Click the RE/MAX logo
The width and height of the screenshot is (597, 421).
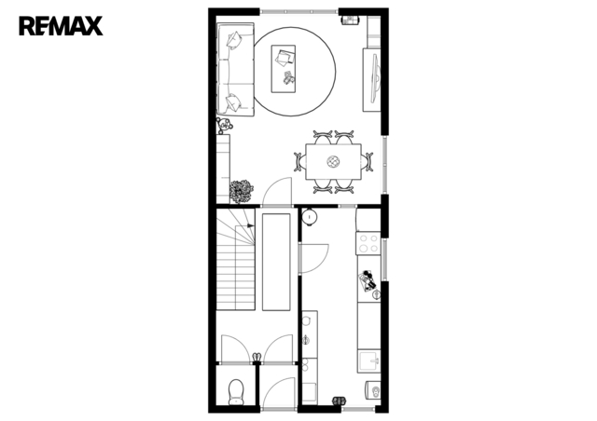coord(61,26)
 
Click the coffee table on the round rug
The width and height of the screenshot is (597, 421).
coord(283,69)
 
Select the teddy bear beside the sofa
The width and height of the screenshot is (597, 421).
coord(224,125)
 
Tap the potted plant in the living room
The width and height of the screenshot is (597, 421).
coord(242,191)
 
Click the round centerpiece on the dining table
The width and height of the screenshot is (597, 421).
coord(333,162)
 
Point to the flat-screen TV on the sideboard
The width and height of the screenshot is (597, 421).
coord(376,78)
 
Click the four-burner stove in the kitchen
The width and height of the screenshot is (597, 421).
coord(368,243)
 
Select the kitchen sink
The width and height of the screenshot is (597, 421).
coord(369,360)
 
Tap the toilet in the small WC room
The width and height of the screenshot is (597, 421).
coord(236,392)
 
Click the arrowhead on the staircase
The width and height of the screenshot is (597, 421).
coord(250,225)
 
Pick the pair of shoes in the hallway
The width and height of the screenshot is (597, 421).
coord(257,357)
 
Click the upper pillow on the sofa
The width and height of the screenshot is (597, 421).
coord(234,40)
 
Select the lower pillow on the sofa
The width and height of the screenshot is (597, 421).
coord(233,102)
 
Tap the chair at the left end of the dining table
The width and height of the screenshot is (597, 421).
coord(299,162)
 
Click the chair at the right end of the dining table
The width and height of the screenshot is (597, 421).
coord(367,162)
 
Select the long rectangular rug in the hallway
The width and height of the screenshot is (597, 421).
coord(276,262)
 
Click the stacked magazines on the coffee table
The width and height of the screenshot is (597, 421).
coord(285,57)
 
